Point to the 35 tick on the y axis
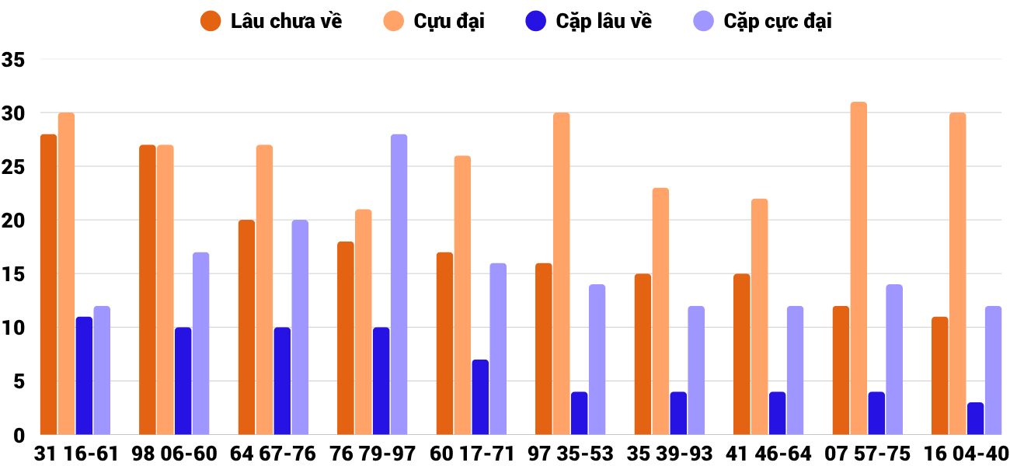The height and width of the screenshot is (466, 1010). pyautogui.click(x=14, y=60)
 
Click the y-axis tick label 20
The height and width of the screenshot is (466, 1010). pyautogui.click(x=14, y=221)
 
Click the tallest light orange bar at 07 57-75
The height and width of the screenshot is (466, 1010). pyautogui.click(x=858, y=268)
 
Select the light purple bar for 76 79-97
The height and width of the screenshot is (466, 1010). pyautogui.click(x=399, y=284)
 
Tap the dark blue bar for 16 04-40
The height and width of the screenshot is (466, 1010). pyautogui.click(x=975, y=419)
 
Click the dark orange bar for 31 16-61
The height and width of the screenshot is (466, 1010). pyautogui.click(x=49, y=284)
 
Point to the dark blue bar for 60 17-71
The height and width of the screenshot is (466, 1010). pyautogui.click(x=480, y=397)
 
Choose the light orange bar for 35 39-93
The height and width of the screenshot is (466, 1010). pyautogui.click(x=660, y=311)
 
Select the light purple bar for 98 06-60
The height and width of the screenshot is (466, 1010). pyautogui.click(x=200, y=343)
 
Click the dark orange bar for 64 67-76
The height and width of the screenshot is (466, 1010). pyautogui.click(x=246, y=327)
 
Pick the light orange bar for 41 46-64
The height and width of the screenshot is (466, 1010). pyautogui.click(x=759, y=316)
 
